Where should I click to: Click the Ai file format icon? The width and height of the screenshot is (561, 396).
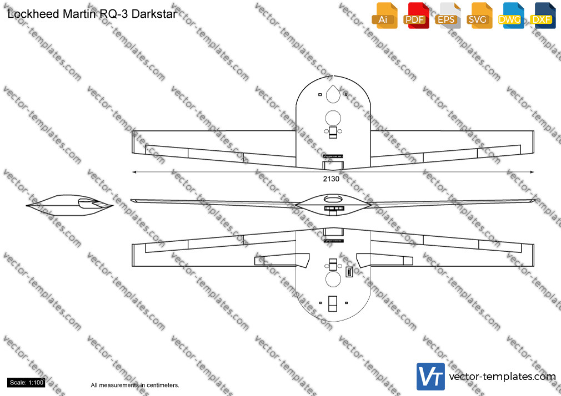point(384,16)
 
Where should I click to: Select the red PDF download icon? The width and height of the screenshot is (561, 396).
point(416,16)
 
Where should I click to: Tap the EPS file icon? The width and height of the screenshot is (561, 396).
point(448,16)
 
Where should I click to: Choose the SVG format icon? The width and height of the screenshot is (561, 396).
point(479,16)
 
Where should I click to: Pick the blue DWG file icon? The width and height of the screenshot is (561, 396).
point(511,16)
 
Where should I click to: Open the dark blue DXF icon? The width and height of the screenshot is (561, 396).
point(543,16)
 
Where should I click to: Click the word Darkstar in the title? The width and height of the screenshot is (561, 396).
point(154,14)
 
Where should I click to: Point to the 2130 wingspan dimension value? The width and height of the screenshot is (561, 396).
point(331,179)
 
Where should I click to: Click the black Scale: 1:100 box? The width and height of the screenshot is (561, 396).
point(27,383)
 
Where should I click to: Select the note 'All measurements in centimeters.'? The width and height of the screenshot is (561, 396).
point(135,385)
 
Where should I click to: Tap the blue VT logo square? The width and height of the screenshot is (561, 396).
point(430,377)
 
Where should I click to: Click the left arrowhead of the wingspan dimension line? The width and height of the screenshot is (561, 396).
point(134,172)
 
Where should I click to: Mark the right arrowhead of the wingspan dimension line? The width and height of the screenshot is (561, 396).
point(532,172)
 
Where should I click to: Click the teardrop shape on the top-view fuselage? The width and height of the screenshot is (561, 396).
point(333,94)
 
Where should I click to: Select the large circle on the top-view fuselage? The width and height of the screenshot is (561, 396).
point(333,118)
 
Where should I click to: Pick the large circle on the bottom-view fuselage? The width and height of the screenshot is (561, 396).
point(333,279)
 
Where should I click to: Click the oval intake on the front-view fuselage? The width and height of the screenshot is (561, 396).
point(333,199)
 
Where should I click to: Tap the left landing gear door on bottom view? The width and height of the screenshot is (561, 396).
point(282,260)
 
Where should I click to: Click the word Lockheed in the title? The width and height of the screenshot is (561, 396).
point(34,14)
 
